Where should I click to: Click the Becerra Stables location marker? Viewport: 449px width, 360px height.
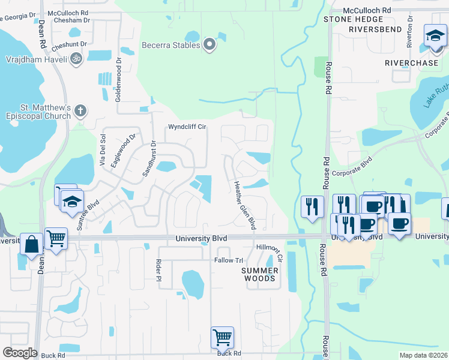(x=209, y=44)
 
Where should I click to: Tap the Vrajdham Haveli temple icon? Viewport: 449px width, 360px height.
(x=76, y=59)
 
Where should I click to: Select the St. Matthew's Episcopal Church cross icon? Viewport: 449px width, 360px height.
(x=80, y=110)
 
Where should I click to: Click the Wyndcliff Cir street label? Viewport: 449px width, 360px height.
(x=187, y=127)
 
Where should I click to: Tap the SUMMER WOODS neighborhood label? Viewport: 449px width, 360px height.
(x=259, y=274)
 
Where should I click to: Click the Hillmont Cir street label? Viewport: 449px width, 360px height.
(x=270, y=251)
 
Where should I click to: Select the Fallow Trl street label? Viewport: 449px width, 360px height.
(x=229, y=260)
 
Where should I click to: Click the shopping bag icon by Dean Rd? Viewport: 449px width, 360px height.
(x=31, y=244)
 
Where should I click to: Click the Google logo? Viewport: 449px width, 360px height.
(x=20, y=353)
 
